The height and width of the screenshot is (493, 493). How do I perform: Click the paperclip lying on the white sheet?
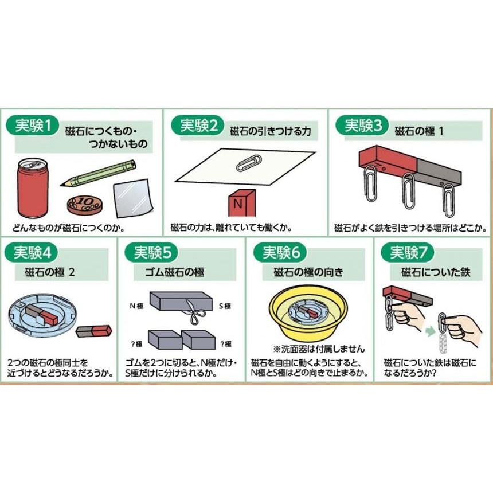point(248,162)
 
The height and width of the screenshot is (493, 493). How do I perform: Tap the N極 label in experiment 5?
point(135,306)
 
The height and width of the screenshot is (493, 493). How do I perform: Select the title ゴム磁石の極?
point(179,271)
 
